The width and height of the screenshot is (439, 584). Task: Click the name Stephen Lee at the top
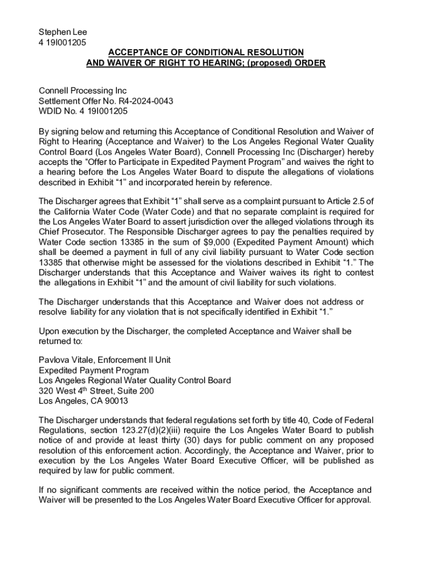pos(63,32)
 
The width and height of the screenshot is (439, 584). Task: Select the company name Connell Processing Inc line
pos(82,91)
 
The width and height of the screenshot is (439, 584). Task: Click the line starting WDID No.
pos(83,111)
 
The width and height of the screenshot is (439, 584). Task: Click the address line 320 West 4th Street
pos(96,391)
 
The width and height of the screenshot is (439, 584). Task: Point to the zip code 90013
pos(116,400)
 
